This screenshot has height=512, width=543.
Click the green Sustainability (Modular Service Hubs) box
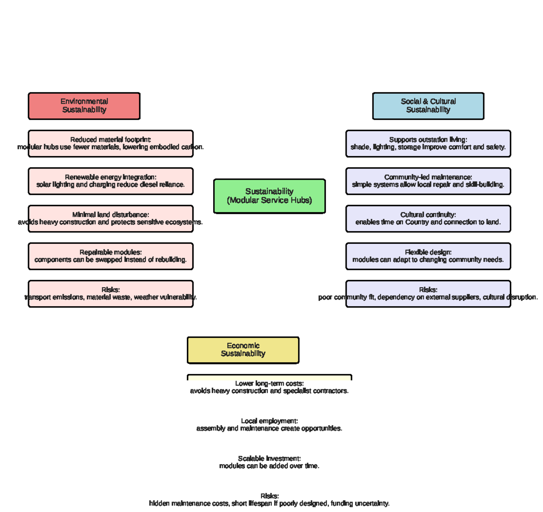tap(269, 196)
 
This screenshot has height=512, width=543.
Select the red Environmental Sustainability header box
tap(84, 106)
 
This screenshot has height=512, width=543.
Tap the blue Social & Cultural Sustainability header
tap(428, 106)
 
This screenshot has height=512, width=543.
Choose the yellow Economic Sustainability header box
tap(243, 350)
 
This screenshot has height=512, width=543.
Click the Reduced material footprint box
tap(110, 143)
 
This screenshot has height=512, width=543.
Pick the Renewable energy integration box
tap(110, 181)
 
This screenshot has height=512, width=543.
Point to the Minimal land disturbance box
tap(110, 218)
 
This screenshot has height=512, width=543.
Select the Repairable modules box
tap(110, 256)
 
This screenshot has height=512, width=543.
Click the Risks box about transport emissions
tap(110, 294)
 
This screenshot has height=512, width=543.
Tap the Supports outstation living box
tap(428, 143)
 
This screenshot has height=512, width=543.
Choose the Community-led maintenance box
tap(428, 181)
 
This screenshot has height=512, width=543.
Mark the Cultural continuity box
tap(428, 218)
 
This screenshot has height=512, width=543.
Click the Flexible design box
tap(428, 256)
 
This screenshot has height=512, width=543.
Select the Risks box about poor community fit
tap(428, 294)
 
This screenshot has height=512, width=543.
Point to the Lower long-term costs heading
tap(269, 384)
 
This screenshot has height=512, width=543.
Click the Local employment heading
tap(269, 421)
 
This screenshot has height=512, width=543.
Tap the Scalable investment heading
tap(269, 459)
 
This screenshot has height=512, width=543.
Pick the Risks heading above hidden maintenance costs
tap(269, 496)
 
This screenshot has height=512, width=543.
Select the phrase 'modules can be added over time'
tap(269, 466)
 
